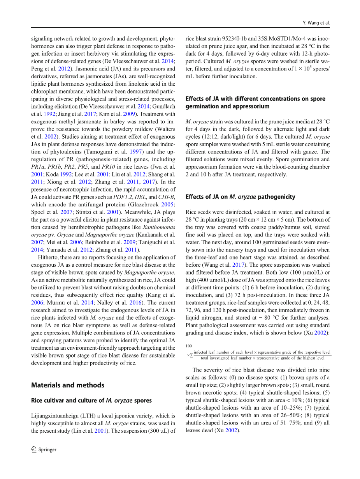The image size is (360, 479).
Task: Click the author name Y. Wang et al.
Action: tap(316, 23)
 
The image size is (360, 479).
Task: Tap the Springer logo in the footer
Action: tap(44, 449)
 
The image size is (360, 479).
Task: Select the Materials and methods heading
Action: tap(68, 385)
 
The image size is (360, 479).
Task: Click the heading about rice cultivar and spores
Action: tap(91, 400)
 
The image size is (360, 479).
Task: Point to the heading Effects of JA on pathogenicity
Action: tap(240, 197)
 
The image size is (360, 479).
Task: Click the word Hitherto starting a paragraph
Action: tap(48, 257)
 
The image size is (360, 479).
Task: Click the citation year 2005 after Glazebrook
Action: tap(169, 204)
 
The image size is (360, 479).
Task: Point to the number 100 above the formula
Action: tap(189, 346)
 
